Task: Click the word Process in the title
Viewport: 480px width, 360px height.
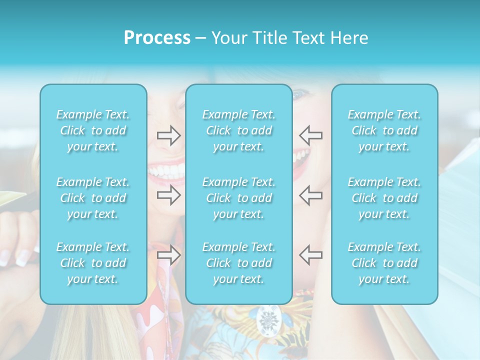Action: (157, 38)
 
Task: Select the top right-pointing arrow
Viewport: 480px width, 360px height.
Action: (169, 135)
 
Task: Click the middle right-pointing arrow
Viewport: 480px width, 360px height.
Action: (169, 195)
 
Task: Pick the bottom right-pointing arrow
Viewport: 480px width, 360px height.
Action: (169, 255)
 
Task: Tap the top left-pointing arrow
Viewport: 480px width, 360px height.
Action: (311, 135)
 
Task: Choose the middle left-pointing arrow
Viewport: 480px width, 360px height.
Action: (311, 195)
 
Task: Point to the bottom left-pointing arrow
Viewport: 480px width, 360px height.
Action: (311, 255)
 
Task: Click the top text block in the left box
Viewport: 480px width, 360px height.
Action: (93, 130)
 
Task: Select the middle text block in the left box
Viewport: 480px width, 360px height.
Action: (93, 198)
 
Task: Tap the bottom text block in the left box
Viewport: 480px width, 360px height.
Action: (93, 263)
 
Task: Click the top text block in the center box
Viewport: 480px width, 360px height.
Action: (239, 130)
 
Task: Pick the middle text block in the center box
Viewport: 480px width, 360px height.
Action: (239, 198)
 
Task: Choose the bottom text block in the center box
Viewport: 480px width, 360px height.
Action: (239, 263)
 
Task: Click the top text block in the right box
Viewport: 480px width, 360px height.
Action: (384, 130)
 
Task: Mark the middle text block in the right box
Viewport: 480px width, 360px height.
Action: (384, 198)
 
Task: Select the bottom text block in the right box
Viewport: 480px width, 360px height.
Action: (384, 263)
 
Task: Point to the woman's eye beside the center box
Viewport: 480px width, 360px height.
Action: (300, 94)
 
